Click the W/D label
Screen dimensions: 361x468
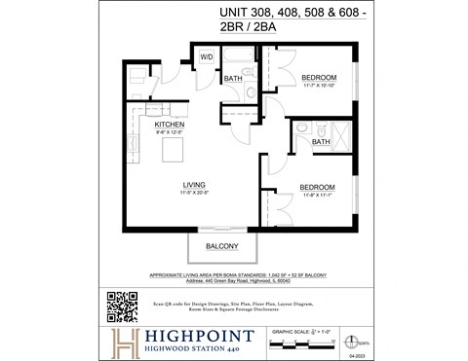coord(207,56)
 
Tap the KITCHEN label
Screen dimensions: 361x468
coord(170,125)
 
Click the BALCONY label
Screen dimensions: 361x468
coord(221,247)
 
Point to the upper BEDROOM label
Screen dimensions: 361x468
coord(318,77)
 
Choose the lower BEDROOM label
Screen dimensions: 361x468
coord(317,187)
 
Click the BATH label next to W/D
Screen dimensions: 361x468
coord(233,79)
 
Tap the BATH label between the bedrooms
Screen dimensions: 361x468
coord(320,142)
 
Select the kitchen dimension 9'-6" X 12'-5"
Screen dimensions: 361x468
coord(170,132)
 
